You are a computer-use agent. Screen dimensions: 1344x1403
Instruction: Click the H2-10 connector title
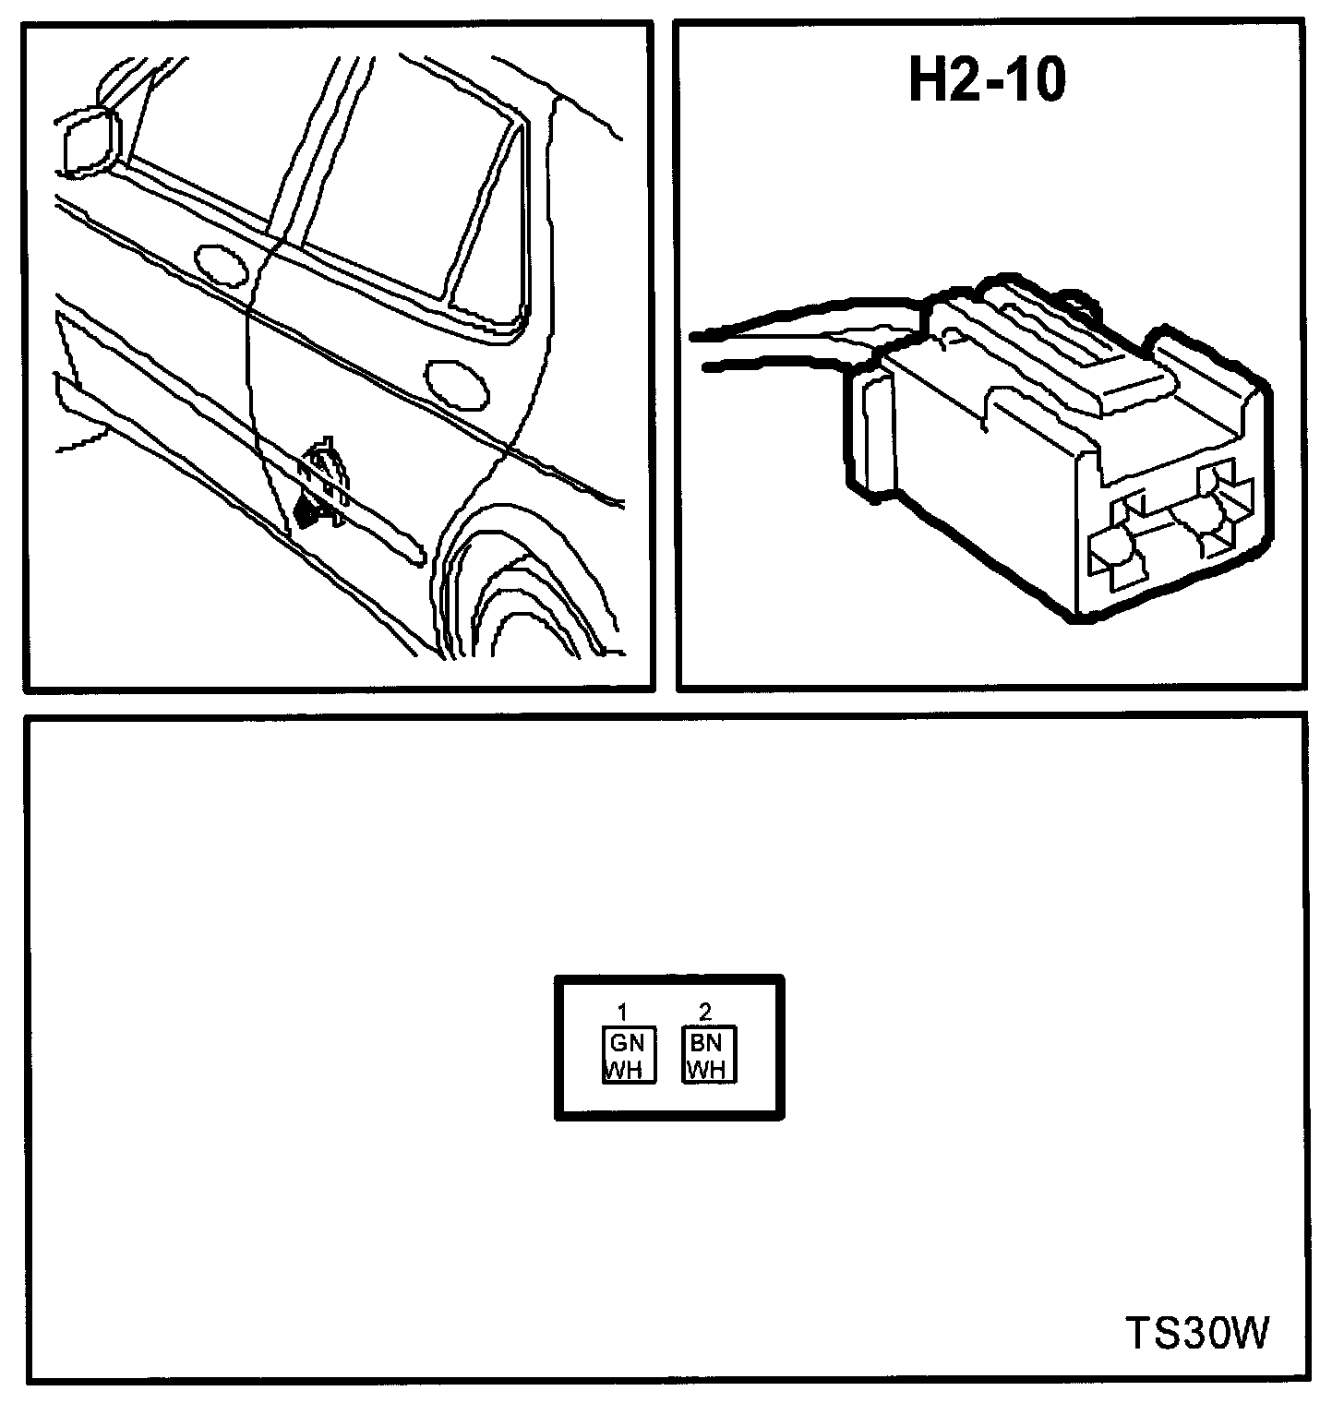(987, 82)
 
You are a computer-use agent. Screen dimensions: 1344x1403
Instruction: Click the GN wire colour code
(629, 1042)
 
